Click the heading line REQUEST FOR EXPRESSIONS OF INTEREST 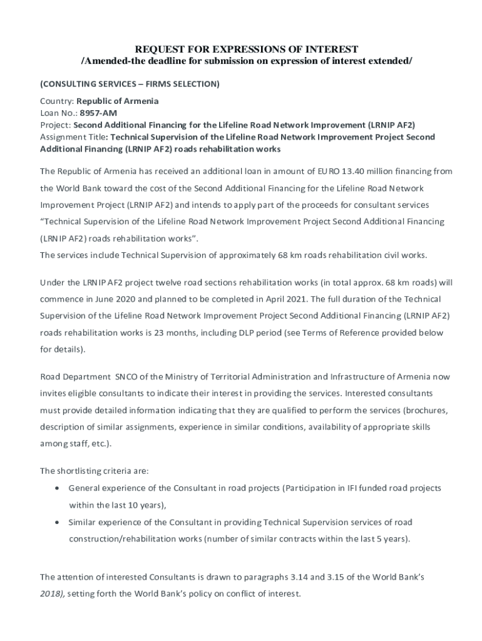click(247, 49)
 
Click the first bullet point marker click(58, 488)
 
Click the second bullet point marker click(58, 521)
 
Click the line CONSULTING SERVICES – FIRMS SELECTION click(130, 84)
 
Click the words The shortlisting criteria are click(95, 471)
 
